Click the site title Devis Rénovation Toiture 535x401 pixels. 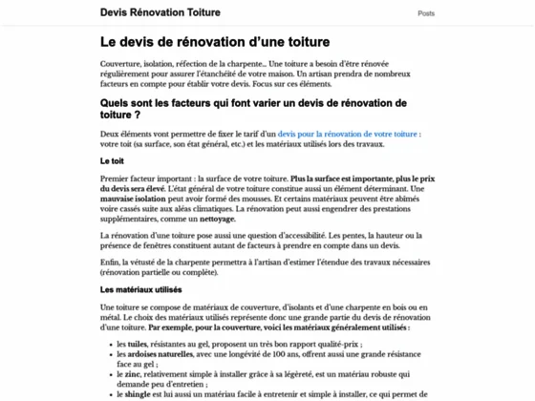point(160,12)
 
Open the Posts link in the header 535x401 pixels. point(426,13)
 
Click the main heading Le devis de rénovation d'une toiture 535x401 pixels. point(215,43)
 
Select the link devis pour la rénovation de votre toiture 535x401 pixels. point(349,136)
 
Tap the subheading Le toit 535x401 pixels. point(113,161)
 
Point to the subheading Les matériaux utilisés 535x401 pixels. point(140,289)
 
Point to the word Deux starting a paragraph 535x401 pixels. point(111,136)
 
